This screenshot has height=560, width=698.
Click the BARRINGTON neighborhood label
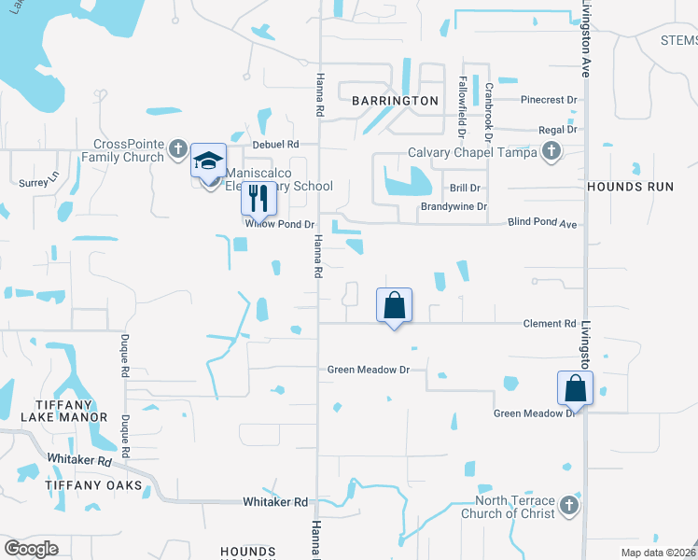coord(395,100)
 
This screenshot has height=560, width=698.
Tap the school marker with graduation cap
coord(208,161)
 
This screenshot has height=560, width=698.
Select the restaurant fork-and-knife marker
coord(258,198)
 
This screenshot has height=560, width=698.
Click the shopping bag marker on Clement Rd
coord(394,305)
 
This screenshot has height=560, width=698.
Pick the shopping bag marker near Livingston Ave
coord(575,389)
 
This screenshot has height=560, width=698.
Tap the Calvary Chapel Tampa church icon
coord(551,151)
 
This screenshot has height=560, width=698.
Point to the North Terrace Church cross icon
coord(569,507)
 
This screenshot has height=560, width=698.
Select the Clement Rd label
coord(550,324)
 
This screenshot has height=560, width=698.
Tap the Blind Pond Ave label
coord(543,224)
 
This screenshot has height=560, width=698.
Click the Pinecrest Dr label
coord(550,98)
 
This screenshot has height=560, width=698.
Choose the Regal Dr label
coord(558,130)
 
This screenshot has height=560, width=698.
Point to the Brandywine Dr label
coord(454,207)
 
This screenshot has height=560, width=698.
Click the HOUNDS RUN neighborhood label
coord(630,187)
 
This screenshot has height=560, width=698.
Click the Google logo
coord(31,549)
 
